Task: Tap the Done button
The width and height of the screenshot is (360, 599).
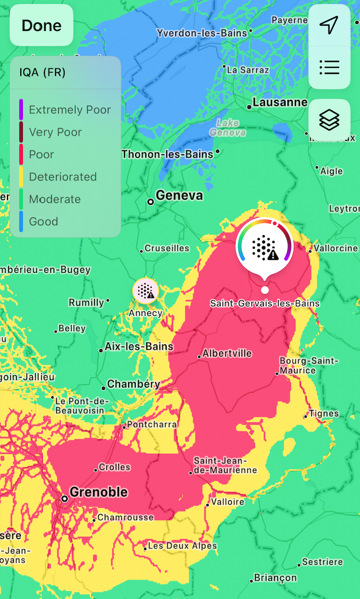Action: tap(41, 25)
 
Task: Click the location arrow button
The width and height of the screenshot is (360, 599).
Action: tap(329, 25)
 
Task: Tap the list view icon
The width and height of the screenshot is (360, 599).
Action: tap(329, 67)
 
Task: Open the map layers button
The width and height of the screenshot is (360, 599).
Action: tap(329, 120)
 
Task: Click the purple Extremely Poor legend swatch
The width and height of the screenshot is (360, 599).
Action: tap(21, 109)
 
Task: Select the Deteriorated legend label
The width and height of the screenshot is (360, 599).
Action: tap(62, 177)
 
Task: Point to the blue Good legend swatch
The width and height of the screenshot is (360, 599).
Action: tap(21, 222)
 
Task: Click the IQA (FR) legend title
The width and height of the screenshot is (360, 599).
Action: tap(42, 73)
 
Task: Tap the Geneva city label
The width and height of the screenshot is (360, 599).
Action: tap(179, 195)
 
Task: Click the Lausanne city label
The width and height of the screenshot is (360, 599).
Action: tap(280, 102)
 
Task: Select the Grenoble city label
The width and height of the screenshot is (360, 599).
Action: tap(99, 492)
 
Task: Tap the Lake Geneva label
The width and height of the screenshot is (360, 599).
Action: tap(228, 127)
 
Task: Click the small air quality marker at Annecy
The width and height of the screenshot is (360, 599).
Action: tap(145, 290)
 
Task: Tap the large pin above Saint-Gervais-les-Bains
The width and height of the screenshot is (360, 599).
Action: tap(264, 246)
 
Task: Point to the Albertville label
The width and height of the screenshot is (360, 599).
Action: tap(227, 353)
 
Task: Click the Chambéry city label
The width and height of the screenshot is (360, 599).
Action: tap(134, 384)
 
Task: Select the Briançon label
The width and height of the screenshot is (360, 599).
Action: tap(275, 578)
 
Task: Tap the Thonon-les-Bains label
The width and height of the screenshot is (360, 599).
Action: tap(167, 154)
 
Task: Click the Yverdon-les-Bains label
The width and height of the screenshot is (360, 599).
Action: tap(202, 33)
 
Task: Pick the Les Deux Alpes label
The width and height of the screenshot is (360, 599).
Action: tap(182, 546)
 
